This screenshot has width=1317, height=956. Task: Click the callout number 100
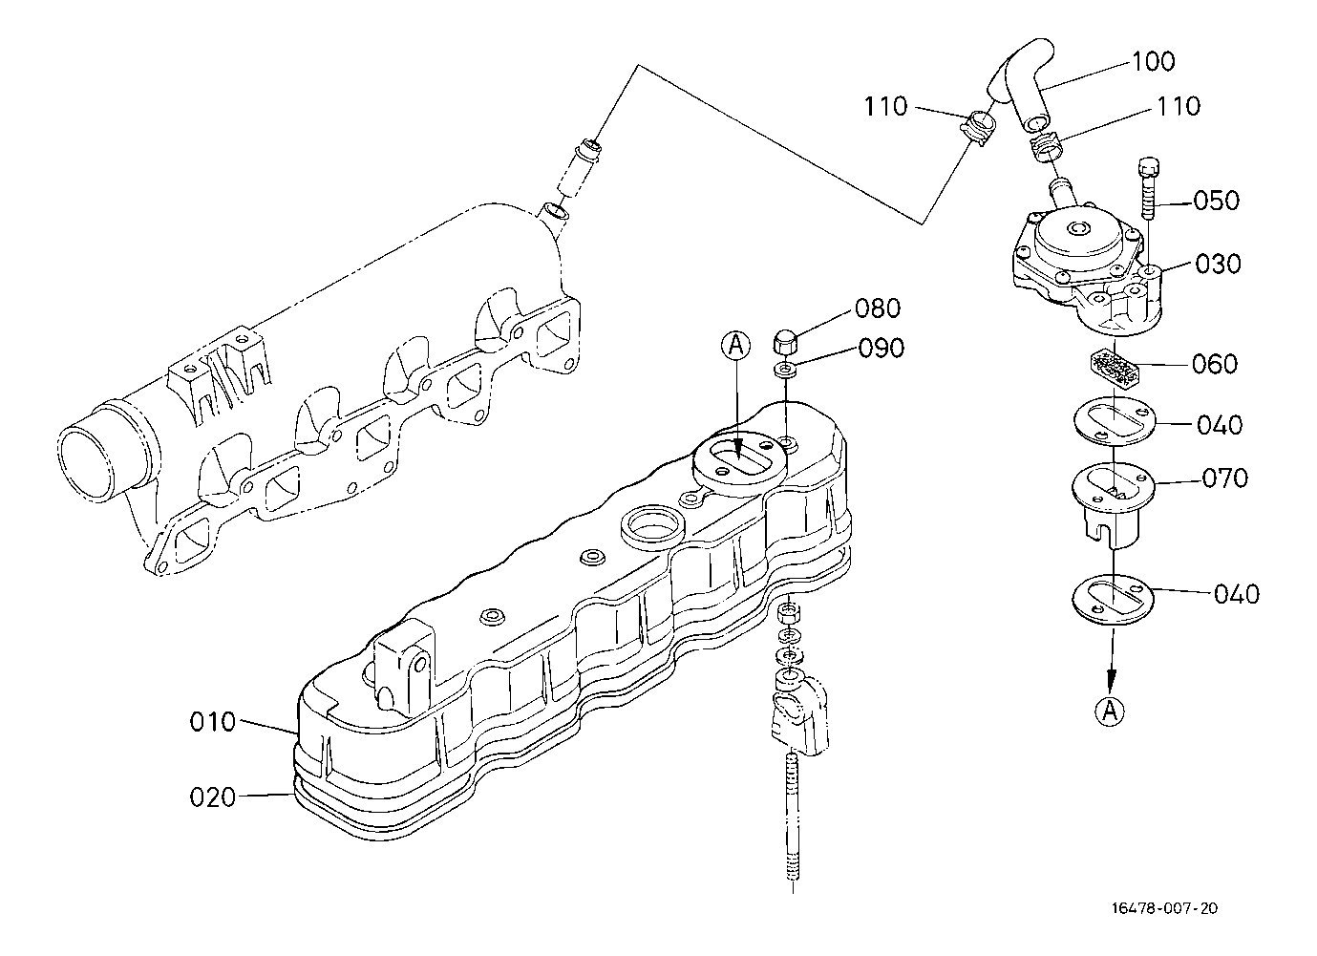(1154, 61)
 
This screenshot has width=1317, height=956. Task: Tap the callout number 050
(1217, 201)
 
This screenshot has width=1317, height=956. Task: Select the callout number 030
(1218, 263)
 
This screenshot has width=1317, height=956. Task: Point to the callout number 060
(1215, 364)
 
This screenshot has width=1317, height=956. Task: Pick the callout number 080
(878, 308)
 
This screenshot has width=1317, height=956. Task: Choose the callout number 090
(882, 349)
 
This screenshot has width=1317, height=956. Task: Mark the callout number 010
(213, 722)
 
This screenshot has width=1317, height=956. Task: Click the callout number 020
(213, 797)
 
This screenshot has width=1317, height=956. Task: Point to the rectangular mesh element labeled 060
(1115, 368)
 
